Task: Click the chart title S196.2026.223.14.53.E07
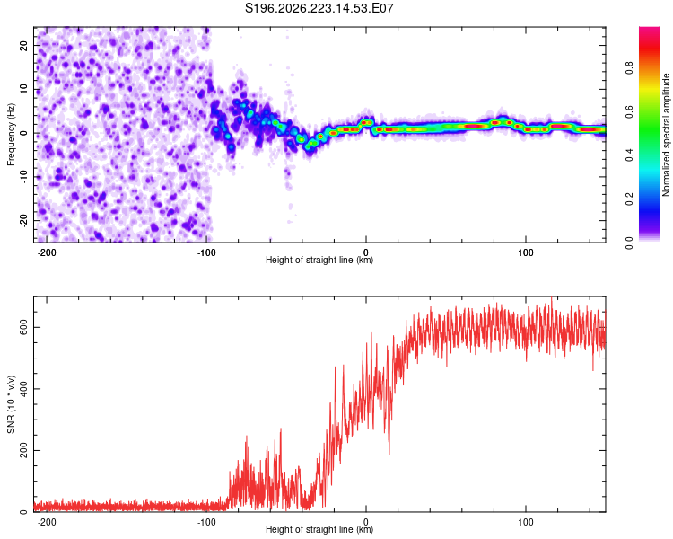[319, 8]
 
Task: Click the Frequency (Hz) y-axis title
[11, 135]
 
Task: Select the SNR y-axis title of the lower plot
[11, 404]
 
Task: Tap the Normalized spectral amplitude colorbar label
[666, 135]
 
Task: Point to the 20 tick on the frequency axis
[24, 45]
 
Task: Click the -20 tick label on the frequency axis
[24, 220]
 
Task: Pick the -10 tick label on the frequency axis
[24, 177]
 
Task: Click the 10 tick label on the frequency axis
[24, 89]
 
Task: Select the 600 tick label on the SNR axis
[24, 327]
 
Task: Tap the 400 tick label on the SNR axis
[24, 389]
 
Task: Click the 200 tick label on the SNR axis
[24, 450]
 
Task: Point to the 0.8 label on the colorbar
[629, 67]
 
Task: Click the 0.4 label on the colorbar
[629, 155]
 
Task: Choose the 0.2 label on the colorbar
[629, 199]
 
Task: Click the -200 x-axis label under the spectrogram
[47, 252]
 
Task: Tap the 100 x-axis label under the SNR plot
[525, 522]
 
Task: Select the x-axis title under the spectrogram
[319, 260]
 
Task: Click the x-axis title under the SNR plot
[319, 529]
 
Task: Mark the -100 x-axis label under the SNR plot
[206, 522]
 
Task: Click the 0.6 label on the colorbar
[629, 111]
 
